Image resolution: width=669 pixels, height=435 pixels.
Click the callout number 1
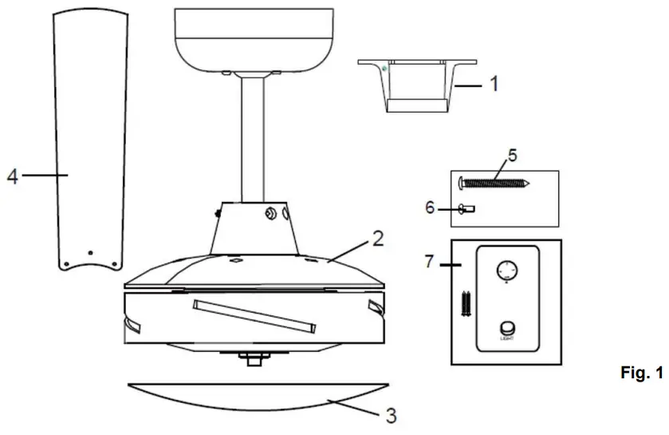pos(494,82)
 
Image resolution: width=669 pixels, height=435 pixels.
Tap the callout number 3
pos(389,415)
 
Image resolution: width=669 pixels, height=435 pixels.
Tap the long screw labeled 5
pos(495,184)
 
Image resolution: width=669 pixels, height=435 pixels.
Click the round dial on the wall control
pos(506,269)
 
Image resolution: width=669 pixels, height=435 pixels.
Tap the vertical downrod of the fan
pos(254,136)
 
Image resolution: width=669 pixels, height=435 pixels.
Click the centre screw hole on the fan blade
pos(90,252)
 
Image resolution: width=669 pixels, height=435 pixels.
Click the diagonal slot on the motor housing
pos(253,315)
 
